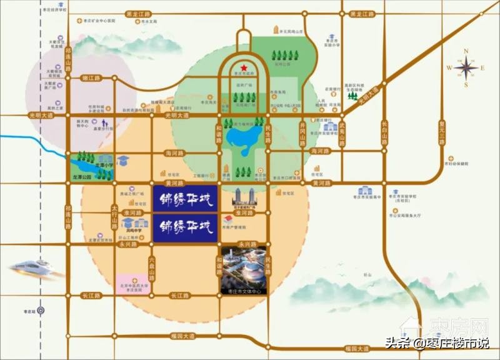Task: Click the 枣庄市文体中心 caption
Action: pos(244,291)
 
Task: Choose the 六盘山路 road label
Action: pos(152,267)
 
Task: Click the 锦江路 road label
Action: pos(91,78)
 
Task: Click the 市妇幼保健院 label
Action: pos(457,163)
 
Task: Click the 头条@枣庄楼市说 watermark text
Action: pos(437,342)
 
